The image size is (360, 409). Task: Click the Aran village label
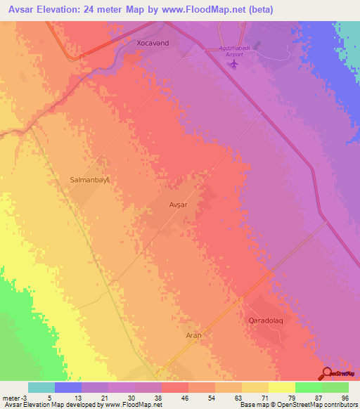193,336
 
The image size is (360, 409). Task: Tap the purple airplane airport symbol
234,64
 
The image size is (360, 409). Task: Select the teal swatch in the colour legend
41,387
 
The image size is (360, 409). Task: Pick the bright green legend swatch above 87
309,387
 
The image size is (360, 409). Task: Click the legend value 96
345,398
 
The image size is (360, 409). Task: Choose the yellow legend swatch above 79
282,387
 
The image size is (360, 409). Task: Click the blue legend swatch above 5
68,387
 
